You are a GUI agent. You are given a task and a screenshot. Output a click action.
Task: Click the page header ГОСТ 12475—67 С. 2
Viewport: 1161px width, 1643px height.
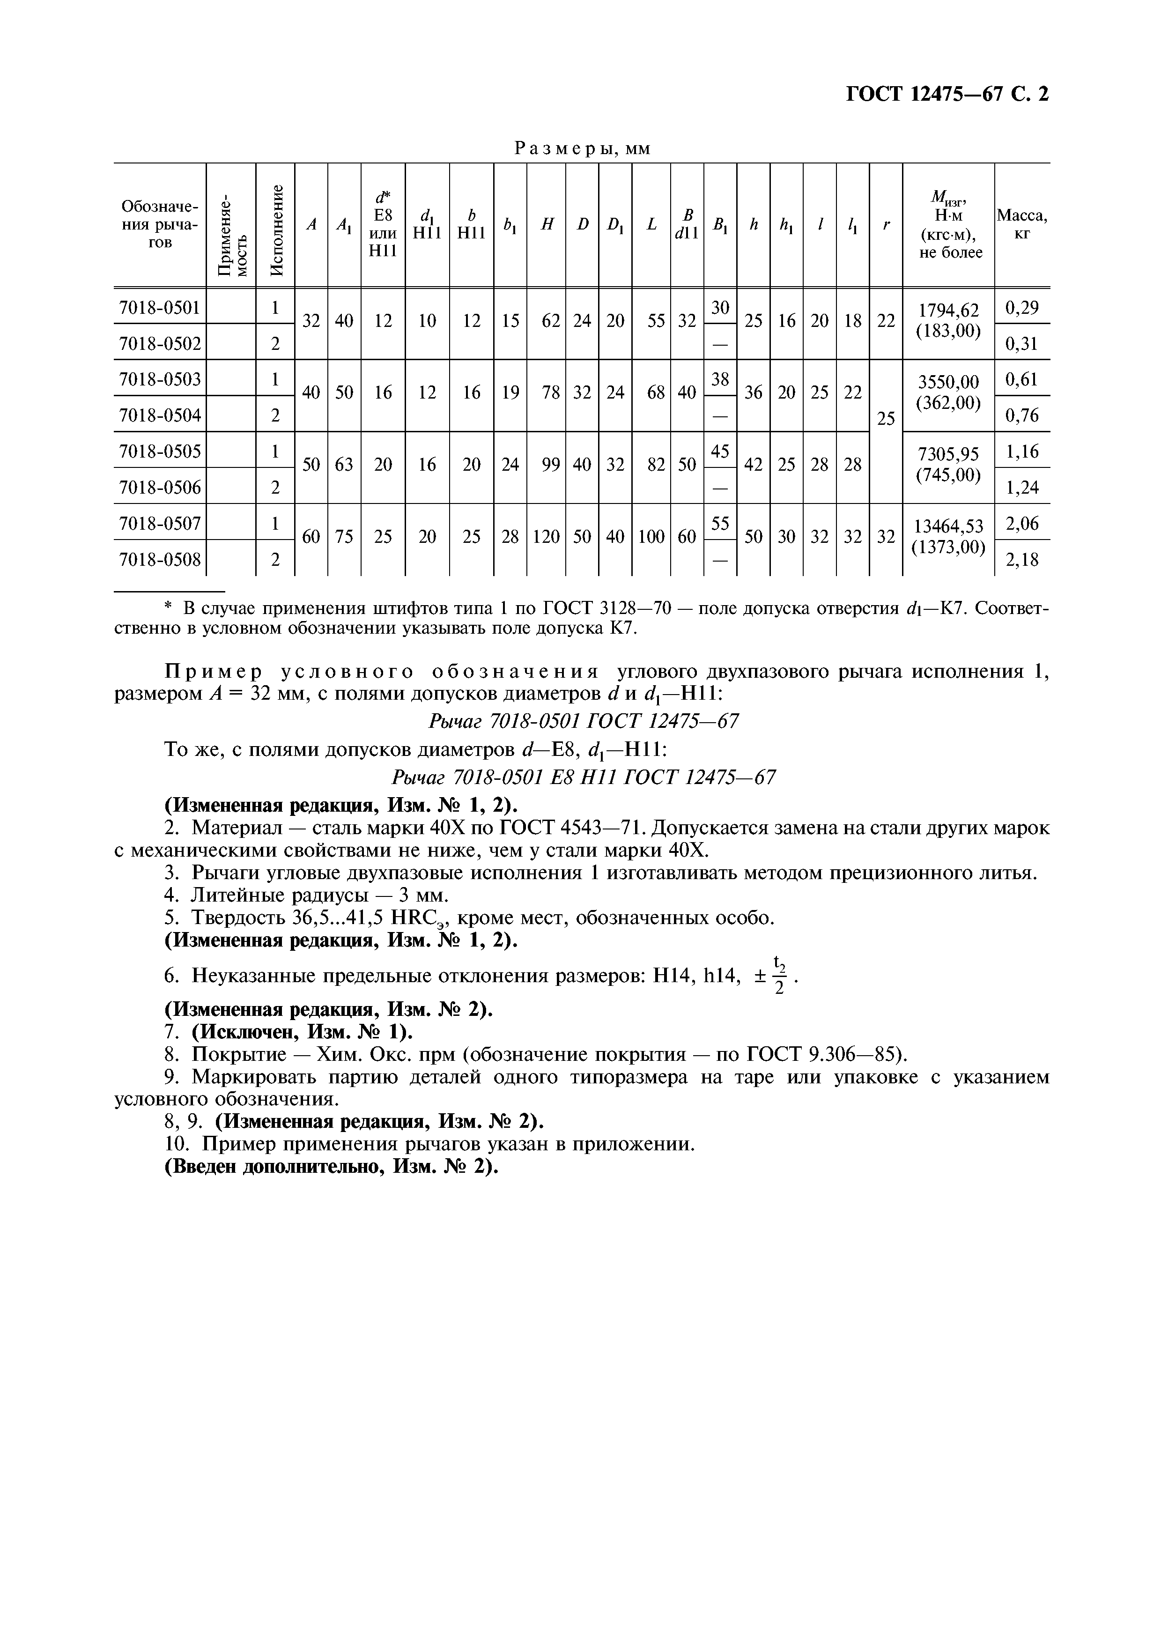point(947,95)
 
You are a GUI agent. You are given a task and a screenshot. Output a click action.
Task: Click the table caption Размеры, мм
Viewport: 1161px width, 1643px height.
point(583,148)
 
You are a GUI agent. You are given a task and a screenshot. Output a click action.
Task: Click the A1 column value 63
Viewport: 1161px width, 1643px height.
point(344,465)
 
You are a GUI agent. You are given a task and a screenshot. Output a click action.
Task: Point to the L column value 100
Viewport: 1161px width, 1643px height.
point(651,536)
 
